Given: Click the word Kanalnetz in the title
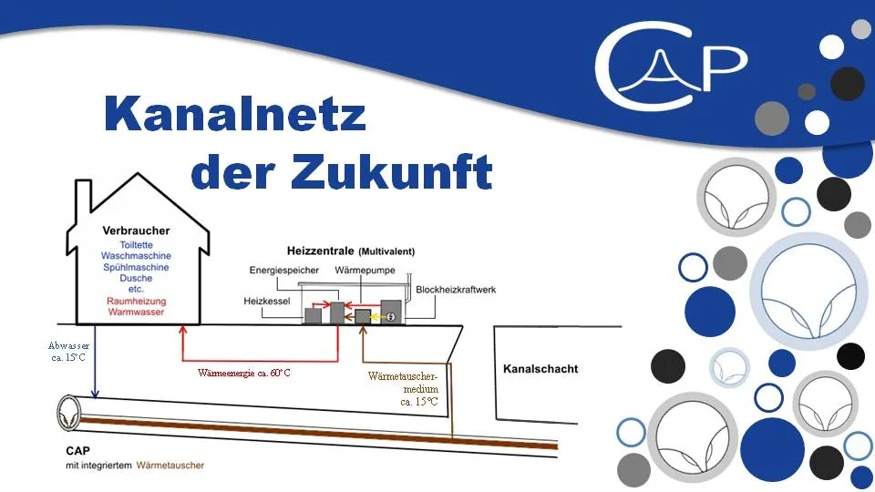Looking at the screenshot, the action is [235, 114].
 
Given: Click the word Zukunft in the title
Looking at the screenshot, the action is [392, 170].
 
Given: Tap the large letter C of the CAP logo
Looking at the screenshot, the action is [642, 66].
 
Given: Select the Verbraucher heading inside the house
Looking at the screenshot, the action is [136, 231].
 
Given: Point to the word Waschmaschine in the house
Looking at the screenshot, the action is [136, 256].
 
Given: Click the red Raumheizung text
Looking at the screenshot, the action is [136, 302].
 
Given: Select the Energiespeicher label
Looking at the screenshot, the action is [284, 271].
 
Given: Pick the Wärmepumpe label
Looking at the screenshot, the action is [365, 271].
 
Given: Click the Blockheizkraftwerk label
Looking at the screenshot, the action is [456, 290].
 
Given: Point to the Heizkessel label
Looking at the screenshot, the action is [267, 302].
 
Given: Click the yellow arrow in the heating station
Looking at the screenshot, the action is [380, 317].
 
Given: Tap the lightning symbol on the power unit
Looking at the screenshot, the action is [391, 317].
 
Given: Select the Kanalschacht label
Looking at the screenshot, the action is [540, 369].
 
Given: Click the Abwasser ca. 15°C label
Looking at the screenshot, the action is [68, 352].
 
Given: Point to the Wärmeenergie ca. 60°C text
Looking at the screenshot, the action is [244, 373].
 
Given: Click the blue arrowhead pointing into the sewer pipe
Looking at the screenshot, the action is [95, 394].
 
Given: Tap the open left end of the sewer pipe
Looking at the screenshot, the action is [69, 414].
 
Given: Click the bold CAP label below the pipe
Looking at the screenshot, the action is [77, 451].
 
